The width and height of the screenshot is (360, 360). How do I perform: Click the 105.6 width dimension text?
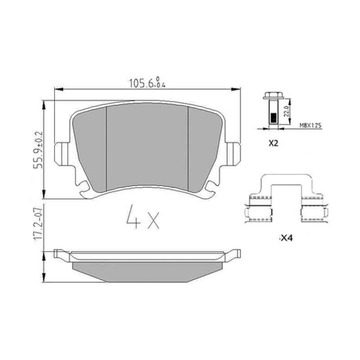(147, 82)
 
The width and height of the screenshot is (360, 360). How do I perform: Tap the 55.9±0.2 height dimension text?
(38, 150)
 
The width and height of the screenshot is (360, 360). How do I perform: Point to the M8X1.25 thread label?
(310, 126)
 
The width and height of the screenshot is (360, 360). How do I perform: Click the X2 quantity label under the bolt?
(274, 144)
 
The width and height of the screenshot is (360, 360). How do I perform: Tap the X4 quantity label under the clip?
(287, 238)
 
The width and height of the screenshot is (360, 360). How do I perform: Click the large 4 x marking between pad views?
(143, 217)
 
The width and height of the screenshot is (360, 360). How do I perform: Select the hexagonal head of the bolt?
(273, 95)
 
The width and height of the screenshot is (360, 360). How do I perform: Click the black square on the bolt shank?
(274, 118)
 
